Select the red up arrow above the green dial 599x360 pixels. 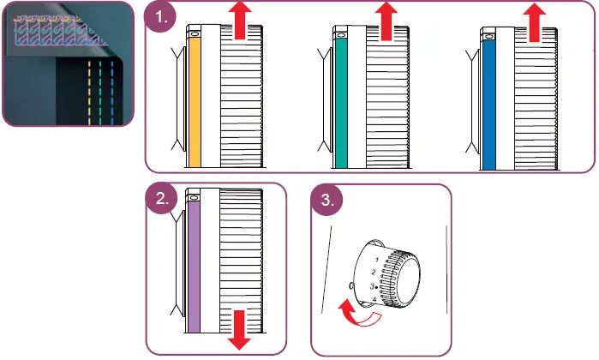coord(390,20)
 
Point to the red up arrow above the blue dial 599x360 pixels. coord(536,20)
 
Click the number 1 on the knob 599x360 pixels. coord(377,258)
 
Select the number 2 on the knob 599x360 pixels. coord(373,272)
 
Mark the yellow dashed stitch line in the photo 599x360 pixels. coord(91,90)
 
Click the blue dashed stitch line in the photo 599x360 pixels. coord(114,90)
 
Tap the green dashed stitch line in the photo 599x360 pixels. coord(102,90)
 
